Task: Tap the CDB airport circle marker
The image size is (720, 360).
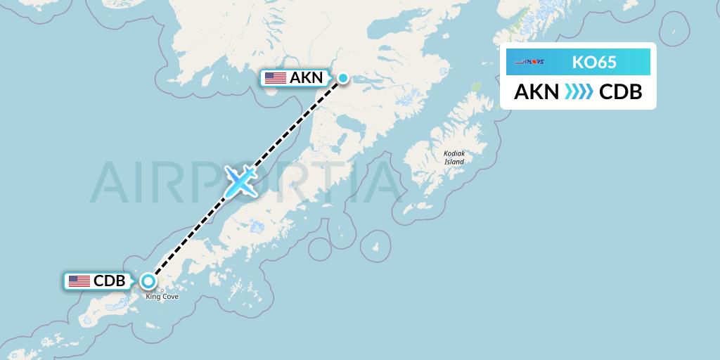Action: click(x=148, y=281)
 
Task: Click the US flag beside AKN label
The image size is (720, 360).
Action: click(x=276, y=78)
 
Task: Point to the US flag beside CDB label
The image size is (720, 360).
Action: click(x=79, y=281)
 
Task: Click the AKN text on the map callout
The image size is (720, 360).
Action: click(x=307, y=78)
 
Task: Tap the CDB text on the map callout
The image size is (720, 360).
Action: click(x=110, y=281)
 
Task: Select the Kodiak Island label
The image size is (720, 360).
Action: click(x=454, y=157)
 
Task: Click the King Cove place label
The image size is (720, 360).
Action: click(x=162, y=297)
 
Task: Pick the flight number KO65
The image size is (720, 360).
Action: click(x=594, y=63)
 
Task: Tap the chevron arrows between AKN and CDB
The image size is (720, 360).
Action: click(x=579, y=92)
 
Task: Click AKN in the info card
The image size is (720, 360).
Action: click(x=536, y=92)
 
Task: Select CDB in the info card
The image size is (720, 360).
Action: click(x=620, y=92)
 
